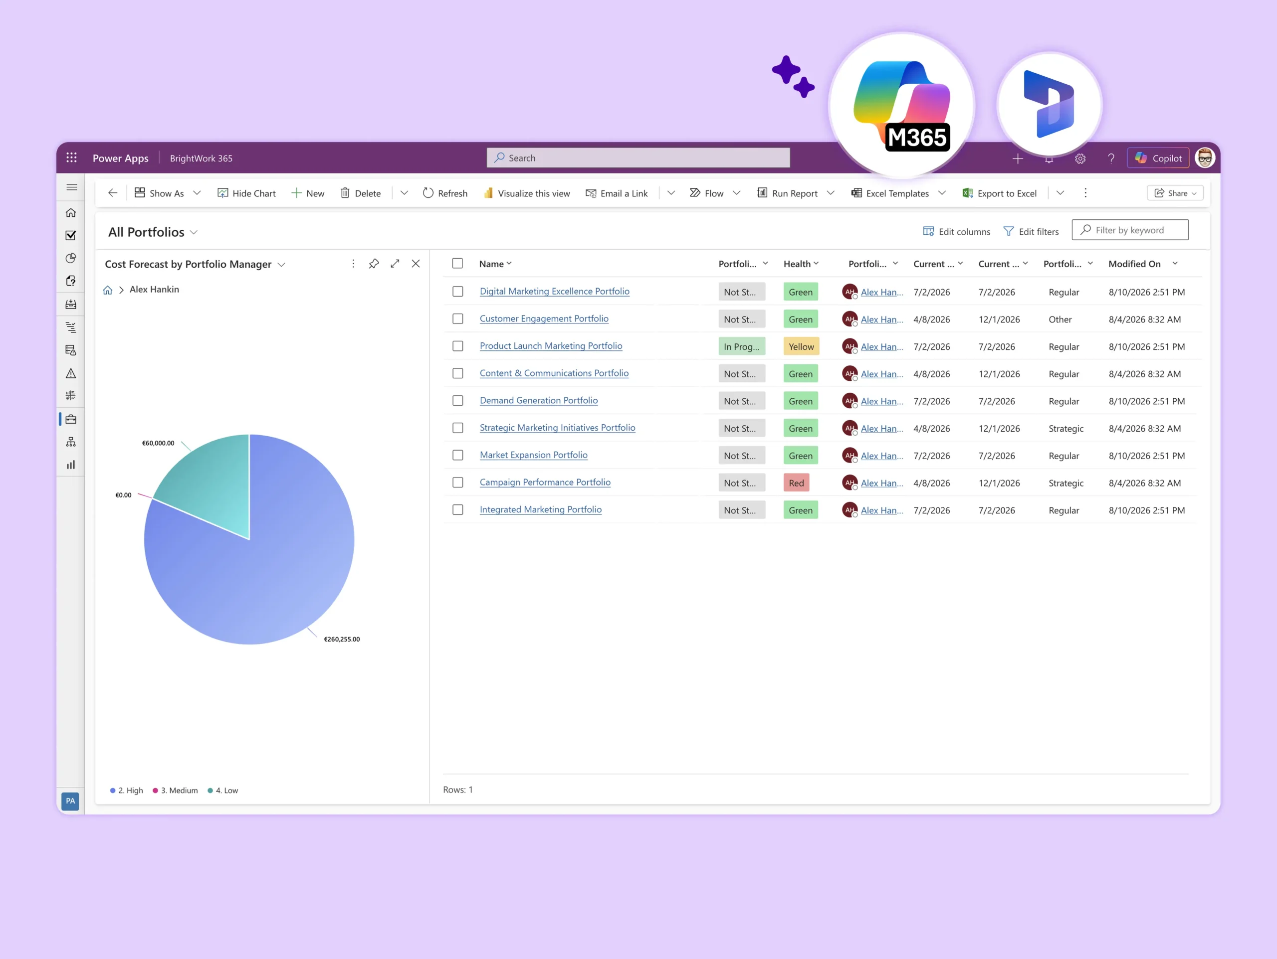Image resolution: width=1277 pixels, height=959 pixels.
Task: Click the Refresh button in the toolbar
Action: (x=445, y=193)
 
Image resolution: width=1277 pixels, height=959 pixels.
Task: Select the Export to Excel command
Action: (x=999, y=193)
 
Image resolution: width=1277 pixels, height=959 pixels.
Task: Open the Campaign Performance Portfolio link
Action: (x=545, y=482)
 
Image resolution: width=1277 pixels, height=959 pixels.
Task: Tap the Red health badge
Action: (x=796, y=483)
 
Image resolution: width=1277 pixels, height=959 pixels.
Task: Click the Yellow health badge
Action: (x=801, y=346)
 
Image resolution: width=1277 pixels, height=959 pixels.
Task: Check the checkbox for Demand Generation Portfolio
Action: (x=458, y=400)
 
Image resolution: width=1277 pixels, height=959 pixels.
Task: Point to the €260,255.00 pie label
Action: (x=342, y=639)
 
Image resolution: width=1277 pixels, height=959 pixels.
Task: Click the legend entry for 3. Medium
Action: (x=176, y=791)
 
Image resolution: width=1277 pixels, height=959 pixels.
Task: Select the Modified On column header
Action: (x=1134, y=264)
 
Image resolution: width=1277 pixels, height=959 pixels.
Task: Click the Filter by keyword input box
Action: (x=1130, y=230)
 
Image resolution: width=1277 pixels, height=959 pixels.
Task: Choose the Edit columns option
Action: (x=957, y=231)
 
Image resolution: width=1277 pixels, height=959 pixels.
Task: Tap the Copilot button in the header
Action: (x=1158, y=158)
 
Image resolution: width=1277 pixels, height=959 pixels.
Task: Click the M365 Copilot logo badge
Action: (x=902, y=106)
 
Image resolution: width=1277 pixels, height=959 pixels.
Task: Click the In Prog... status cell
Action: (x=742, y=346)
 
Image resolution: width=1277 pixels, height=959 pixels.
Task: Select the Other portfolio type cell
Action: (x=1060, y=320)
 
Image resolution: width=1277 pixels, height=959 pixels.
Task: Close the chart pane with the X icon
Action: (x=416, y=264)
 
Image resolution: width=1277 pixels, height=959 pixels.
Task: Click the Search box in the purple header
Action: (x=638, y=158)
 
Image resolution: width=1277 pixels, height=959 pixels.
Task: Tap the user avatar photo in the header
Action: (x=1205, y=158)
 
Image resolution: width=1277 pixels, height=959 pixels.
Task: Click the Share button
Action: (x=1175, y=193)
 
